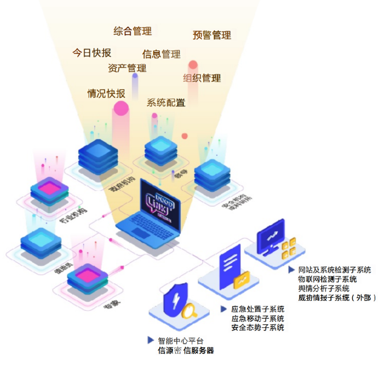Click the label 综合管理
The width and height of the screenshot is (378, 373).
click(x=133, y=31)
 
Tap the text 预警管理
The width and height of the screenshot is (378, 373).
click(x=212, y=35)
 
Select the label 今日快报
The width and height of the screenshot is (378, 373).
click(x=92, y=53)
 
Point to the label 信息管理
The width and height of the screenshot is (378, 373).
click(x=161, y=54)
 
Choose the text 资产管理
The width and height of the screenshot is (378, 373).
click(x=127, y=68)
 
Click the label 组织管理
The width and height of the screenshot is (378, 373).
click(x=202, y=78)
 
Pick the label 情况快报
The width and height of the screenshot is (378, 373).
click(x=106, y=93)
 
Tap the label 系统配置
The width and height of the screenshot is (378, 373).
click(x=166, y=102)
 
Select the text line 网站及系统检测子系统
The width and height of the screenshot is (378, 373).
click(x=335, y=270)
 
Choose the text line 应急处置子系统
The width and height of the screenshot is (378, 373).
click(x=258, y=309)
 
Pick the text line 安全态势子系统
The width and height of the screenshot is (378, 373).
click(x=258, y=328)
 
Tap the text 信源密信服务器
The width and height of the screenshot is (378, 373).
click(x=186, y=351)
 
